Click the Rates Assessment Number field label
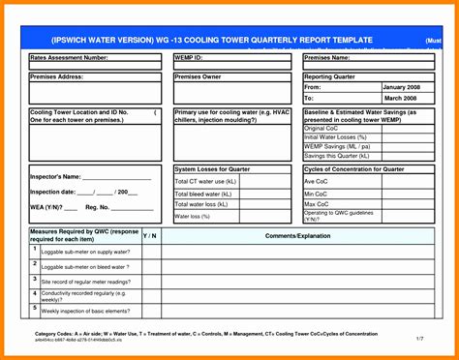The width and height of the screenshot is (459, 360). tap(69, 58)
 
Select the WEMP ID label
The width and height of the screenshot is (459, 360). tap(191, 58)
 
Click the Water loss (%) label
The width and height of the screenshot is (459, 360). tap(193, 217)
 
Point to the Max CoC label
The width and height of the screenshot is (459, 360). tap(318, 204)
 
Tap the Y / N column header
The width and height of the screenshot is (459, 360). tap(150, 235)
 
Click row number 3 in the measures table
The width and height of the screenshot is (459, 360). tap(35, 277)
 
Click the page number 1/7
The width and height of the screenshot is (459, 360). tap(419, 338)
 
